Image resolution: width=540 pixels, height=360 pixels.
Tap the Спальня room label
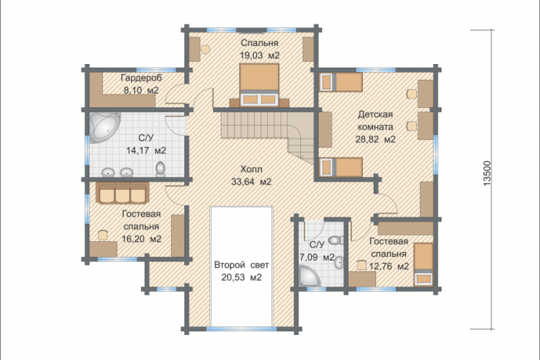point(259,43)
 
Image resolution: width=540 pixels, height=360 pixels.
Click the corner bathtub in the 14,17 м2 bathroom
point(105,127)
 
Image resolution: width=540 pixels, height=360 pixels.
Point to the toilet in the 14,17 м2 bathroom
point(161,168)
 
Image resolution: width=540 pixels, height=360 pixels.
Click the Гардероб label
point(141,78)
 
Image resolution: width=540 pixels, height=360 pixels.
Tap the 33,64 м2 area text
point(251,181)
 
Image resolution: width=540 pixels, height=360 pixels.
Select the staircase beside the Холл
point(268,135)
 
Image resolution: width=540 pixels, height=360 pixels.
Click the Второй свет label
point(241,265)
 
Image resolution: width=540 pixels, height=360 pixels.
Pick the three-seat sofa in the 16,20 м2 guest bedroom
point(122,193)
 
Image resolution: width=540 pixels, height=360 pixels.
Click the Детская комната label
point(375,120)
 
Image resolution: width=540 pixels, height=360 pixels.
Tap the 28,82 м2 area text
point(375,139)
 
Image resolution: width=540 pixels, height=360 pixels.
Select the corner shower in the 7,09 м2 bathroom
point(310,276)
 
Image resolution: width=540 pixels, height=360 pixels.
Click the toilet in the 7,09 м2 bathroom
point(336,240)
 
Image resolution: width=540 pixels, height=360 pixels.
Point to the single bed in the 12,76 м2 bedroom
point(423,264)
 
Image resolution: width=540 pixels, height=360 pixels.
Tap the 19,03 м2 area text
point(259,55)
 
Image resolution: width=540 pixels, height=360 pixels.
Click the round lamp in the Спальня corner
point(205,49)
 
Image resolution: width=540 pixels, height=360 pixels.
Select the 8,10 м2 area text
point(141,91)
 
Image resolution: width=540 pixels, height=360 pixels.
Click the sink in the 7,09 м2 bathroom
point(339,264)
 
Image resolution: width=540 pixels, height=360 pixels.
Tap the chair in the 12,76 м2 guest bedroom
point(361,265)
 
